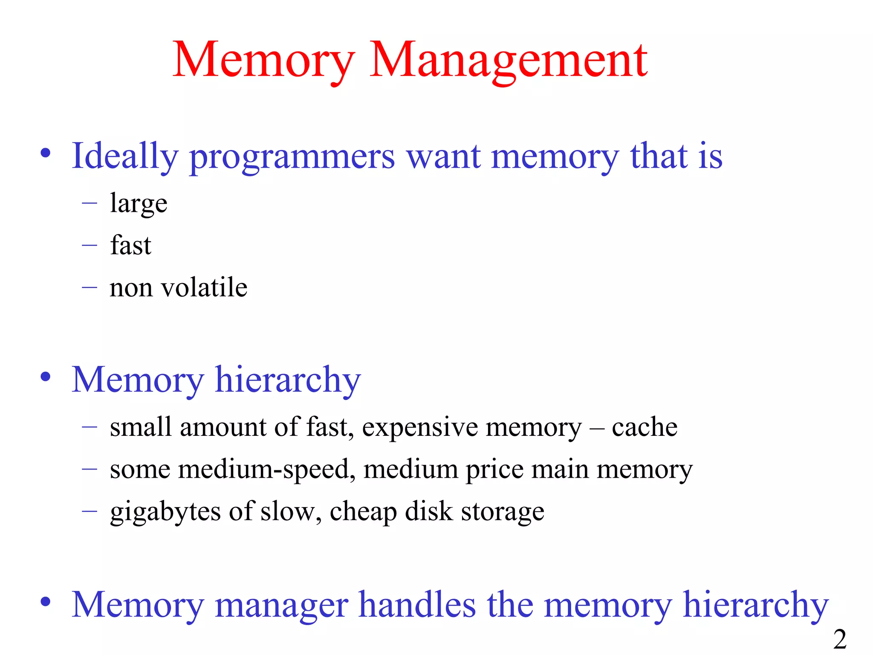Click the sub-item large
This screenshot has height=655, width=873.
139,204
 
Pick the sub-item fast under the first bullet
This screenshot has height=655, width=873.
130,245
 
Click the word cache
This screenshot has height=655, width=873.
645,427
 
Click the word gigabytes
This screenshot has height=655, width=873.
165,512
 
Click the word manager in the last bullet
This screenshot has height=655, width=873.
282,606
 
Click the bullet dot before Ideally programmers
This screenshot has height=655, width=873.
46,153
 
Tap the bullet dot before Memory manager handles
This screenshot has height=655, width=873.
46,602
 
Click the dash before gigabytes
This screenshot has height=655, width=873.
90,511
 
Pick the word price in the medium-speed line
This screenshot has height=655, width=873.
494,470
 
